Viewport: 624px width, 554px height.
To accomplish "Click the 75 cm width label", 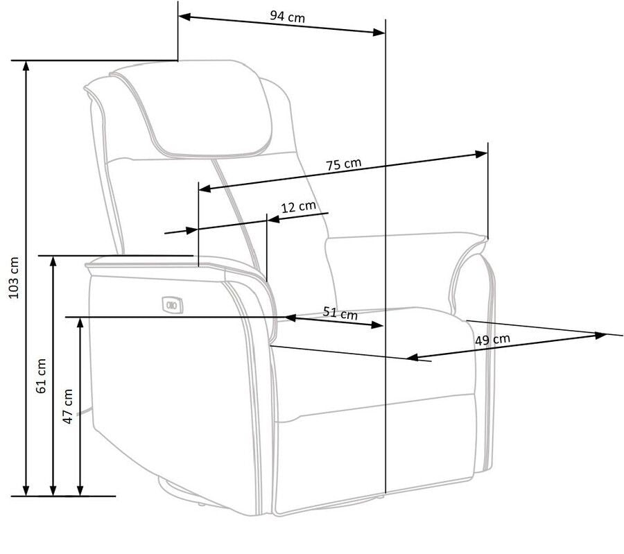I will (343, 164).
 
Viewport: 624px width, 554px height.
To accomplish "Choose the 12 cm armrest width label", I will (298, 206).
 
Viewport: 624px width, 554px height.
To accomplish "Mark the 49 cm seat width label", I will (493, 340).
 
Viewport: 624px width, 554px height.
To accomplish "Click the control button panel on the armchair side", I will (171, 302).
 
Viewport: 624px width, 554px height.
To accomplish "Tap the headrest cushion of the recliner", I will (208, 111).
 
